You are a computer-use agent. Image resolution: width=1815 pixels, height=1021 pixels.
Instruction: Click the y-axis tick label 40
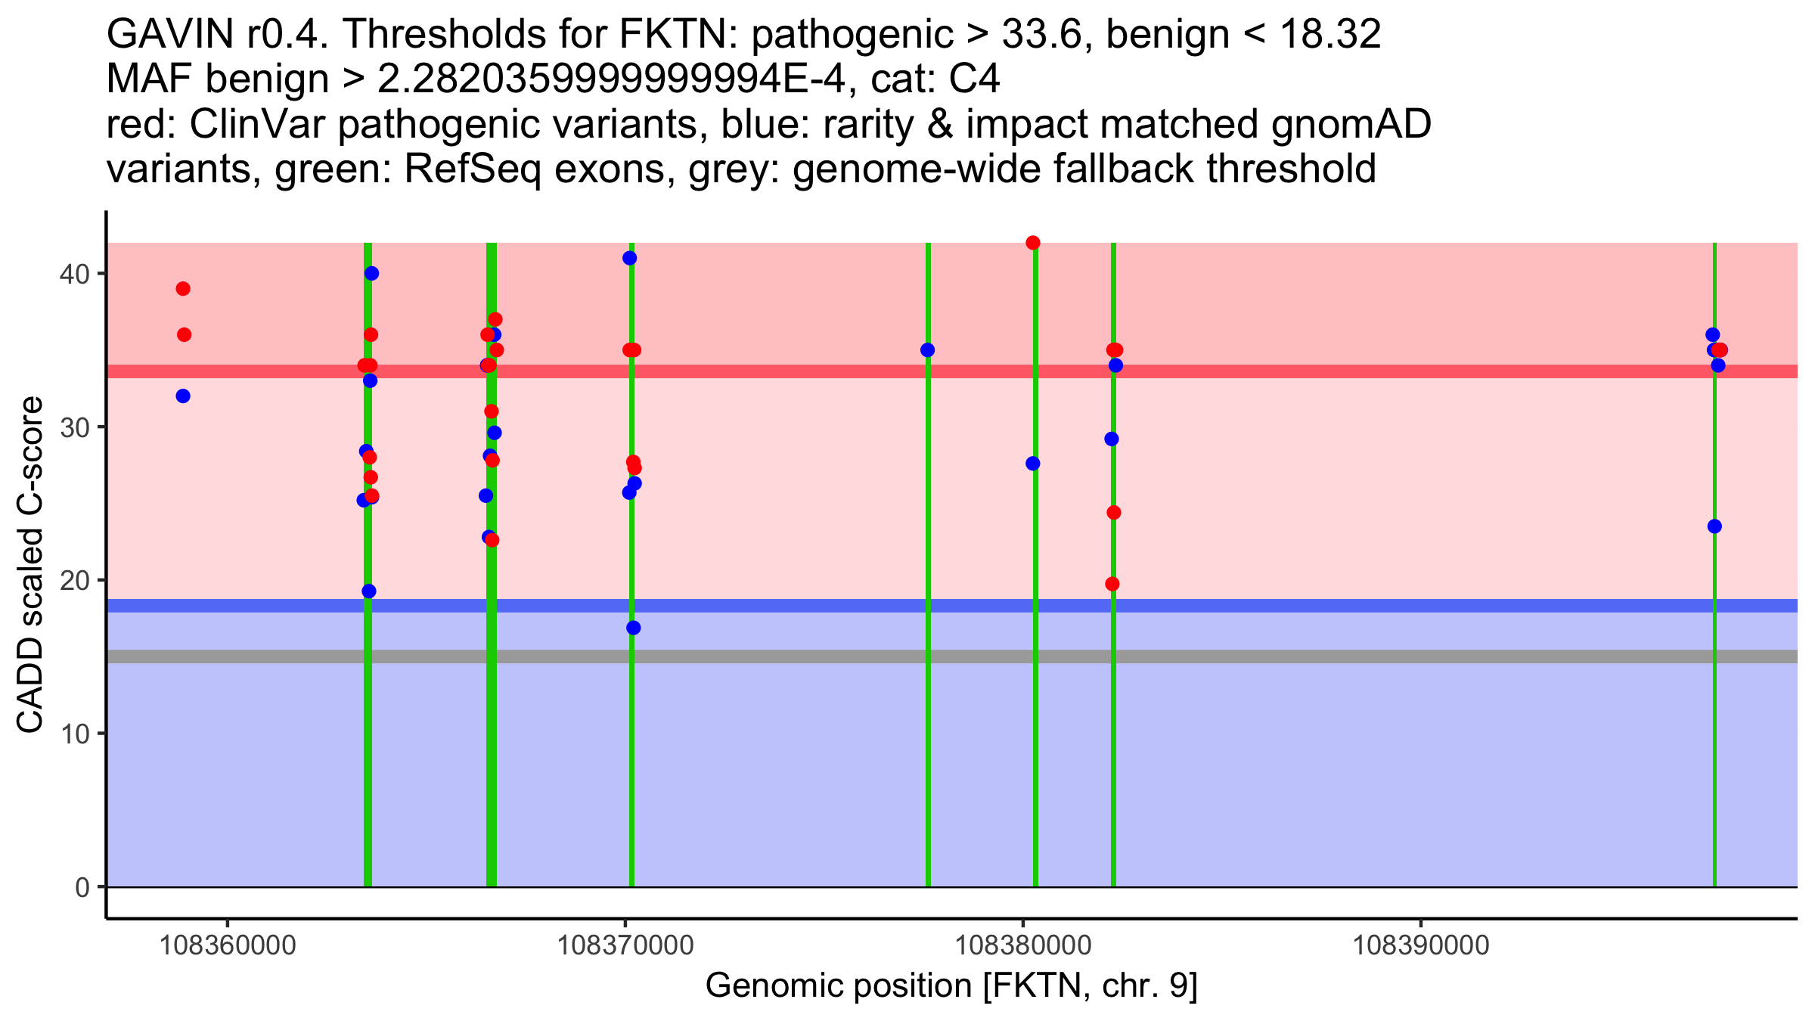click(x=73, y=274)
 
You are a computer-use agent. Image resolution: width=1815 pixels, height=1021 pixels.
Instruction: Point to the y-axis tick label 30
click(x=73, y=427)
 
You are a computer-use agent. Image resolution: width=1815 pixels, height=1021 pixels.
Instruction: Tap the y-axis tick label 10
click(x=73, y=734)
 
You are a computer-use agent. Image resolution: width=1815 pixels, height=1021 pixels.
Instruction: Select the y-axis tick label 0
click(x=82, y=887)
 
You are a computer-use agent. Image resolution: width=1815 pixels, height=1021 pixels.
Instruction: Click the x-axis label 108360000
click(x=228, y=945)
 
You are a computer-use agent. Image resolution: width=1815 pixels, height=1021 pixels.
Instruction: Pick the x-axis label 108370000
click(x=625, y=945)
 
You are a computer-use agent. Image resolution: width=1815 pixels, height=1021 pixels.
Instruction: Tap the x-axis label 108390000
click(x=1420, y=945)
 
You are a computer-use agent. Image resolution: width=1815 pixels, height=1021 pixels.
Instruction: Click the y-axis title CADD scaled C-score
click(x=30, y=565)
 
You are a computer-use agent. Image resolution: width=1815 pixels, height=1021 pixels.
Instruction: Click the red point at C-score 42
click(x=1033, y=243)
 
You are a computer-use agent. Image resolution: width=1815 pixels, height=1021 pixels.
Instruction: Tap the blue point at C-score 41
click(x=629, y=258)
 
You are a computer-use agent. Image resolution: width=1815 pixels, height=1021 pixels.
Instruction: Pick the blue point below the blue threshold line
click(x=633, y=628)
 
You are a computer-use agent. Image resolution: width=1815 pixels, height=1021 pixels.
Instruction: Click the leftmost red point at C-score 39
click(x=183, y=289)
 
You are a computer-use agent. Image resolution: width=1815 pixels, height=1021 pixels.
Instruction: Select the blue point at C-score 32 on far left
click(x=183, y=396)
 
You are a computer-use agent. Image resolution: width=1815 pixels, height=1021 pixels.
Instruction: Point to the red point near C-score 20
click(x=1112, y=584)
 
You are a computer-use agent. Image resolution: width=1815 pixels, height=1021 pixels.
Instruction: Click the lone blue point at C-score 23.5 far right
click(x=1714, y=526)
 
